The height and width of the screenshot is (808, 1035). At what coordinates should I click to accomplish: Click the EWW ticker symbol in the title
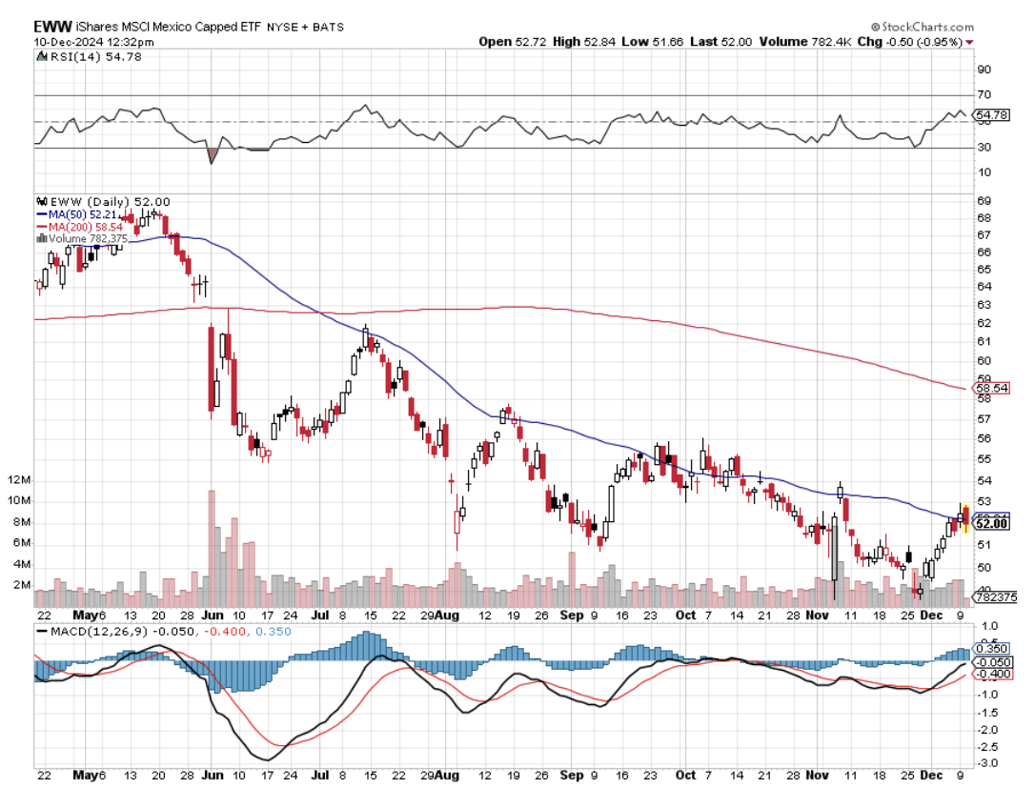53,27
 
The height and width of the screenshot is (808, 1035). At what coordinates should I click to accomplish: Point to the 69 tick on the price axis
983,201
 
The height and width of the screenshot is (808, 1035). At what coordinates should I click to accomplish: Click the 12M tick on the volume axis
19,479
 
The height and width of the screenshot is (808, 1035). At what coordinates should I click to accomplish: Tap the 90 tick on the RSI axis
983,70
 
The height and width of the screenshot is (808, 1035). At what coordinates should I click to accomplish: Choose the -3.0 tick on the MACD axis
987,763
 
